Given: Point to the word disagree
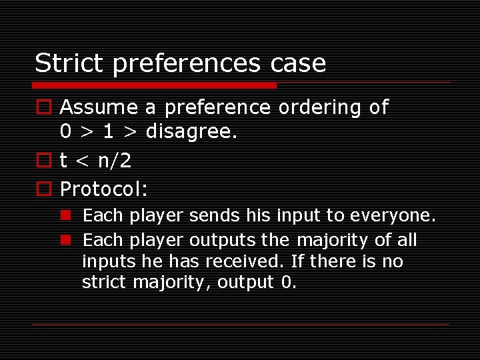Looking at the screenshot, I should click(191, 132).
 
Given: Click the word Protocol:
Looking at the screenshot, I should click(103, 189).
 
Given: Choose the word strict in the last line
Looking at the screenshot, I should click(104, 283).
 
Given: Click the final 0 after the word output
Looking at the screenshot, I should click(287, 283).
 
